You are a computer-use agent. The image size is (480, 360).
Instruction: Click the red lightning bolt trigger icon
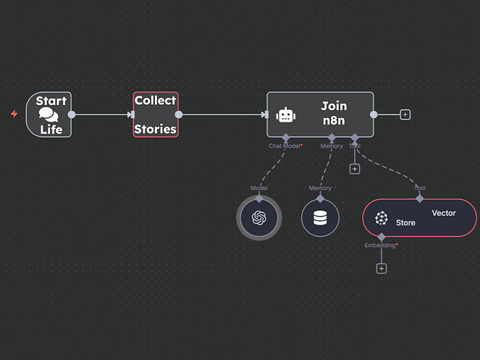[x=14, y=114]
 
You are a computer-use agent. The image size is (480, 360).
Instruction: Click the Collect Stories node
[x=155, y=114]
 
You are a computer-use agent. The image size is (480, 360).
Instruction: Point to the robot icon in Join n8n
[x=286, y=114]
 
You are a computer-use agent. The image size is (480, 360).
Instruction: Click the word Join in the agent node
[x=334, y=106]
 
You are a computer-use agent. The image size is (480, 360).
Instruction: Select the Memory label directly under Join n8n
[x=332, y=146]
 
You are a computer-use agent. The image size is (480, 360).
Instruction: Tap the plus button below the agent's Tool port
[x=355, y=169]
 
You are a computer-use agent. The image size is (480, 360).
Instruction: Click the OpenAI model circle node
[x=259, y=217]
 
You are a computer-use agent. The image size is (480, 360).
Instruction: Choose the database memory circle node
[x=320, y=217]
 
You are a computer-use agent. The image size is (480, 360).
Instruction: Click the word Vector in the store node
[x=444, y=213]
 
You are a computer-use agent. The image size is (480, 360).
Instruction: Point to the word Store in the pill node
[x=405, y=222]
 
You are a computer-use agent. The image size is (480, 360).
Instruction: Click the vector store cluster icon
[x=381, y=218]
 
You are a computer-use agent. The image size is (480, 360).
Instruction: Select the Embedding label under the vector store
[x=381, y=246]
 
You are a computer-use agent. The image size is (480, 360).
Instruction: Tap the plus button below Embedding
[x=382, y=268]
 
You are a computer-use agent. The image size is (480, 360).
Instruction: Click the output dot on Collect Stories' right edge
[x=179, y=114]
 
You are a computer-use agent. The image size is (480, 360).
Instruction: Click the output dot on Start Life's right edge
[x=71, y=114]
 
